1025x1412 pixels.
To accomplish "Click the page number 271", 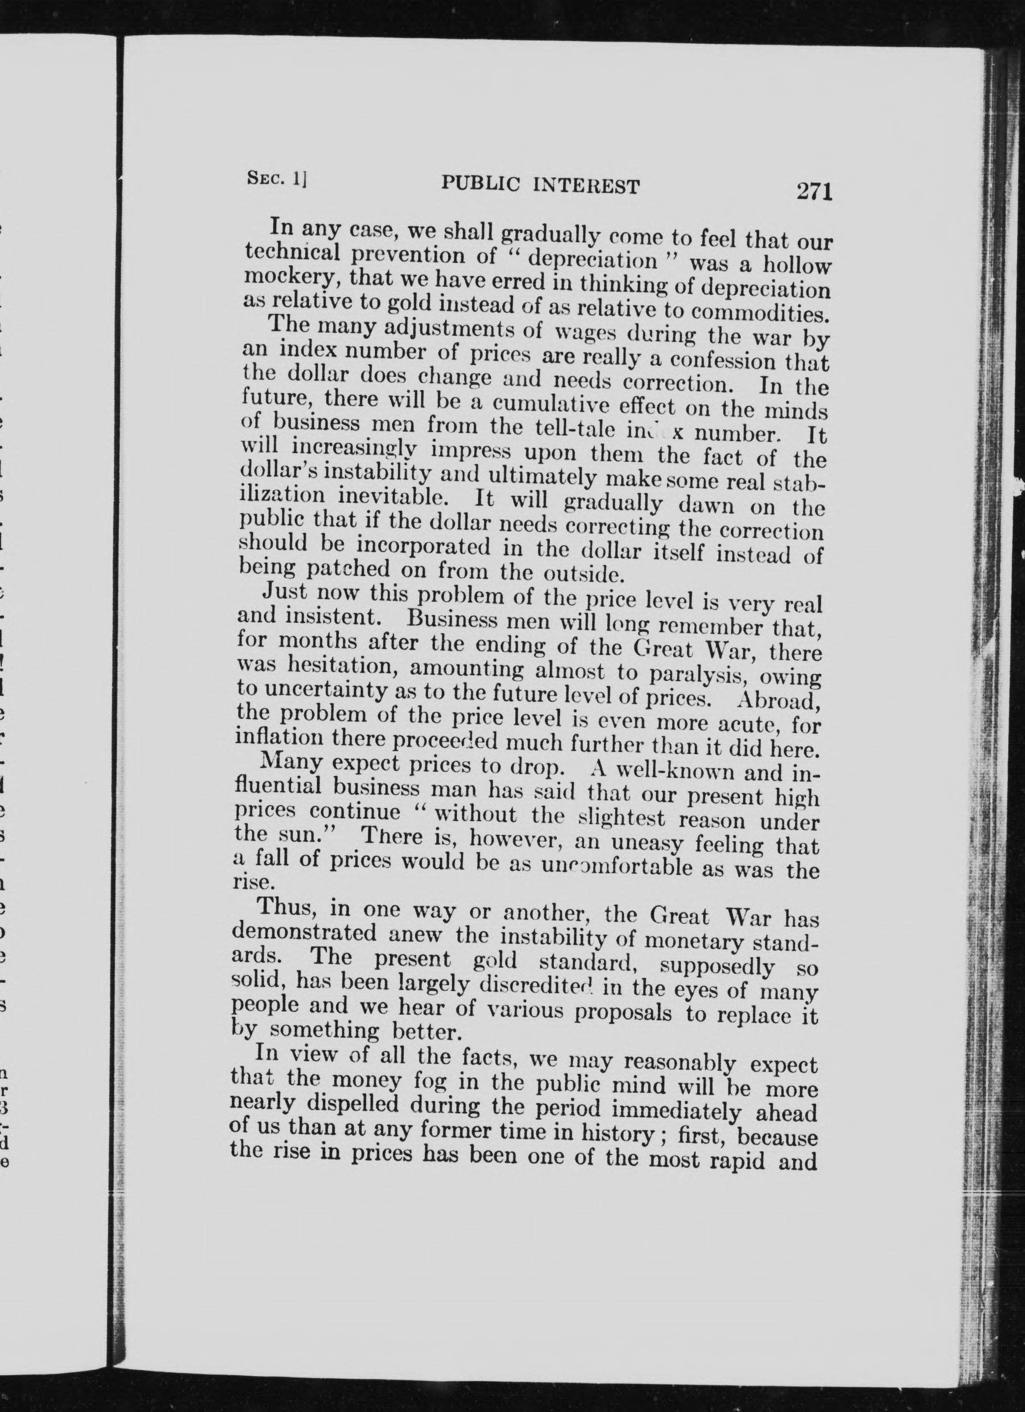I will point(814,191).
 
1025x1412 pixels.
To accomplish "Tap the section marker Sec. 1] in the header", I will point(277,179).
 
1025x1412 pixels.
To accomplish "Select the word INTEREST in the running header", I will point(587,186).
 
